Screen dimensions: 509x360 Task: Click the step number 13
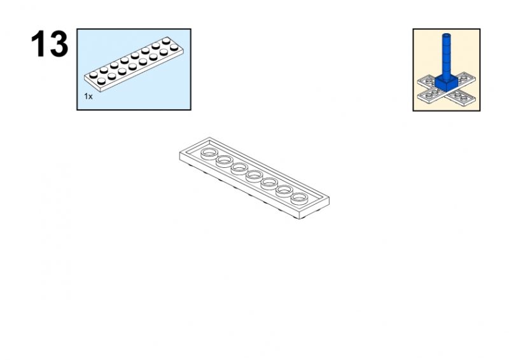(50, 44)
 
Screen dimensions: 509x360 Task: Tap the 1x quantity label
(88, 97)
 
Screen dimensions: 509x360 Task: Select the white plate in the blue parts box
(134, 64)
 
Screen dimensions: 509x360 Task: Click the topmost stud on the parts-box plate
(166, 41)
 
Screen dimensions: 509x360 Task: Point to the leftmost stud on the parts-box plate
(94, 74)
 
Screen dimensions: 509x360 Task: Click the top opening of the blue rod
(447, 34)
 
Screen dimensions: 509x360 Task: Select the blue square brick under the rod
(446, 83)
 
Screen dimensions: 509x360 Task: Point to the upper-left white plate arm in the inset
(426, 81)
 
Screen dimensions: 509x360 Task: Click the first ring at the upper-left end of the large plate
(209, 153)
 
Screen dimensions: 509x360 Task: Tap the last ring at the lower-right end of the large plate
(299, 198)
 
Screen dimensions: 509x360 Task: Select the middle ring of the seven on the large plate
(254, 176)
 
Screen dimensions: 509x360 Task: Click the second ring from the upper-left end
(225, 160)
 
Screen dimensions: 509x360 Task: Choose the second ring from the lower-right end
(284, 191)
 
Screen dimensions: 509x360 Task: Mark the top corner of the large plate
(209, 137)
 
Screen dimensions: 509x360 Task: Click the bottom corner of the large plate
(299, 218)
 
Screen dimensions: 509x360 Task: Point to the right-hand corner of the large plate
(329, 197)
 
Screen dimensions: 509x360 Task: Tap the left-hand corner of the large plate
(179, 152)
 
